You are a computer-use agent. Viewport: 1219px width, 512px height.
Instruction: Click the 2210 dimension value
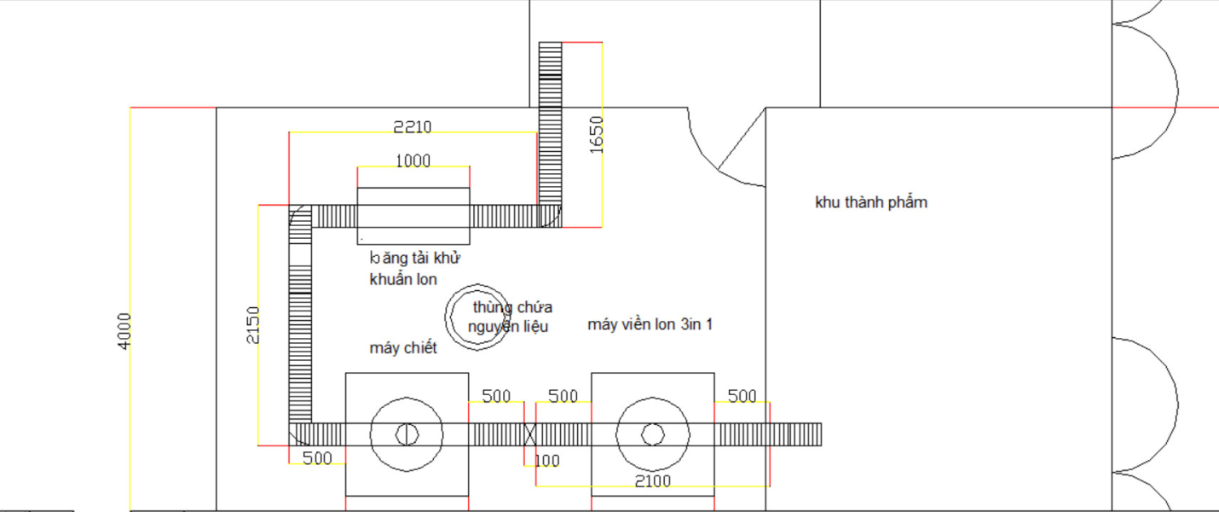(x=413, y=127)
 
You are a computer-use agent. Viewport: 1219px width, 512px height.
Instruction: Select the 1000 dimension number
(x=413, y=160)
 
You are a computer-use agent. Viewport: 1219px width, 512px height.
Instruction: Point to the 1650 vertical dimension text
(x=597, y=135)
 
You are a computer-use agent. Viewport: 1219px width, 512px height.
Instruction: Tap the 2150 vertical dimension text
(x=253, y=325)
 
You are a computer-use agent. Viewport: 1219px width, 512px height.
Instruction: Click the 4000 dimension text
(x=124, y=331)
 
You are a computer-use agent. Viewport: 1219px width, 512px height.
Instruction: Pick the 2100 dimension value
(x=652, y=481)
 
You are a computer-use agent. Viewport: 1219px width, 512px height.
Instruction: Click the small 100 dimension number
(x=547, y=461)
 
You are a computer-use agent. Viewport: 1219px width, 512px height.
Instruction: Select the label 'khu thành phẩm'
(x=871, y=202)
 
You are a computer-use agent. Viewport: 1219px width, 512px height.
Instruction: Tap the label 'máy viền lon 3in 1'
(x=650, y=324)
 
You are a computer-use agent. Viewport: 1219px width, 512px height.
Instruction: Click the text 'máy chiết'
(x=403, y=348)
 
